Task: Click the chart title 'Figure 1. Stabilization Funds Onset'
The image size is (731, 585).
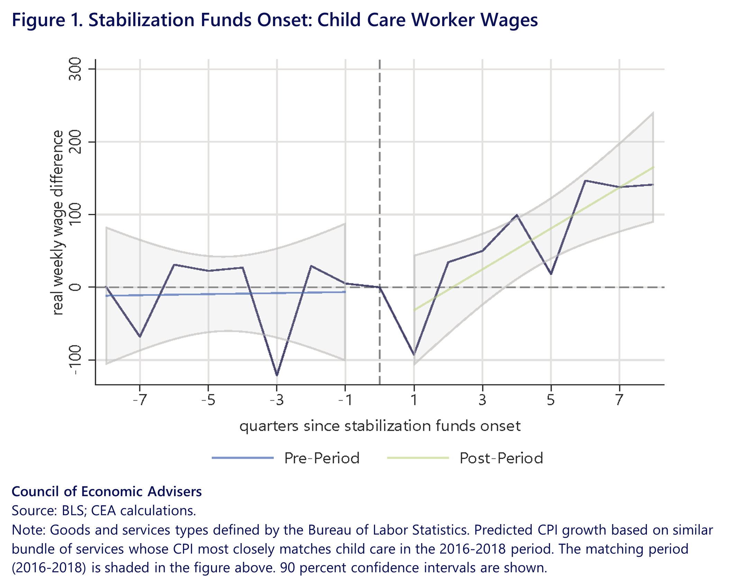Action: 274,20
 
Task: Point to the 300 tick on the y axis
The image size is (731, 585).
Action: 75,69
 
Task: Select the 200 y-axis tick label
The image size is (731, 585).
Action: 75,142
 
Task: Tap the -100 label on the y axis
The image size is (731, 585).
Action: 75,360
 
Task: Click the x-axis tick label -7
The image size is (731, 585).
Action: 140,400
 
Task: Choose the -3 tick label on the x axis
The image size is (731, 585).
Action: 277,400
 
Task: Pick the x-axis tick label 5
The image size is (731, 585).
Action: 551,400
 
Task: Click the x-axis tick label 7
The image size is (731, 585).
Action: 619,400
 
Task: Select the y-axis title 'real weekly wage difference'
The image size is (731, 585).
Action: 57,222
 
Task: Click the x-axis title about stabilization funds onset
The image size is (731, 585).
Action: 380,426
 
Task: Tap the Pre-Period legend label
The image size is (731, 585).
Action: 322,458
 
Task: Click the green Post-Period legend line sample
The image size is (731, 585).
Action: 418,458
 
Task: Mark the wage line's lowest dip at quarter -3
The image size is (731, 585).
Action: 277,375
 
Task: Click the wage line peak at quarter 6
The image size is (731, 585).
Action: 585,181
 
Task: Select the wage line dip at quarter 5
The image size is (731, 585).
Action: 551,274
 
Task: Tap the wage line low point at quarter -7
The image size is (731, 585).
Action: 140,337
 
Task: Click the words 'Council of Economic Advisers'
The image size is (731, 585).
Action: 107,492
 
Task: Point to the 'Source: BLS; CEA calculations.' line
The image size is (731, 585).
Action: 104,511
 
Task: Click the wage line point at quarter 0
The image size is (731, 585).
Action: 380,287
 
